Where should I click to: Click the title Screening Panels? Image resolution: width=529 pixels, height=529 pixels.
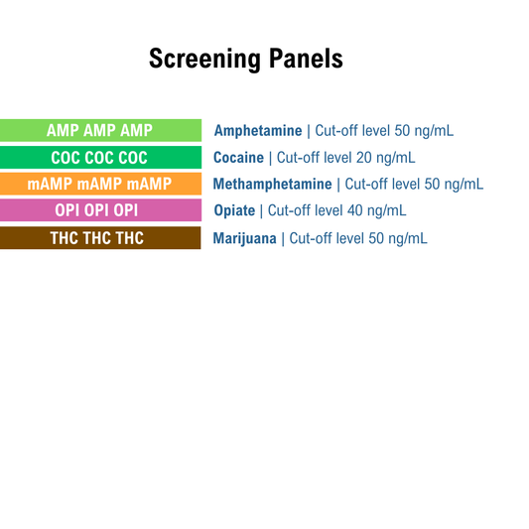245,59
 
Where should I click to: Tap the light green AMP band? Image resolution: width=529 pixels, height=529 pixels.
99,130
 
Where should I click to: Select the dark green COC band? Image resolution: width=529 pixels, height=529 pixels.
99,157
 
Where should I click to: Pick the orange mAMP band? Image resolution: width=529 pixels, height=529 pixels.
99,184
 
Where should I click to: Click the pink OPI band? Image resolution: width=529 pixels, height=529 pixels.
99,210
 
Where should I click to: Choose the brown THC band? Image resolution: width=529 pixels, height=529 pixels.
99,238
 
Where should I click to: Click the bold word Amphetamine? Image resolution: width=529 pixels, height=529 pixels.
258,131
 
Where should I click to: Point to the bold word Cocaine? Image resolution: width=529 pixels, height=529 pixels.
238,158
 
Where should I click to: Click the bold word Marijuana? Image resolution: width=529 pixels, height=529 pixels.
245,238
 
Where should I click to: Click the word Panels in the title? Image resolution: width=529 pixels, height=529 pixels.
306,59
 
